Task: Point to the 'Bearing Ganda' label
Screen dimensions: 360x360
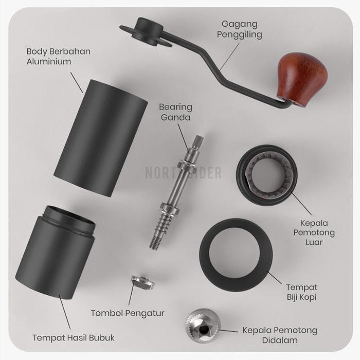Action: [x=175, y=112]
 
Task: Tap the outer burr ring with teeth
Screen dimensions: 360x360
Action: [x=266, y=175]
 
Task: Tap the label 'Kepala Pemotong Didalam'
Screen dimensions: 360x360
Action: [x=280, y=335]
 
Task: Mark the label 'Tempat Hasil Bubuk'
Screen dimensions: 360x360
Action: [x=74, y=338]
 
